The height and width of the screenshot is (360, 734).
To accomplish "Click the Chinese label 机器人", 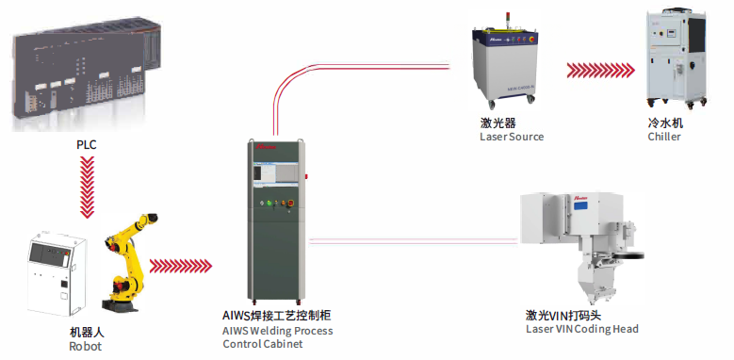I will [x=86, y=333].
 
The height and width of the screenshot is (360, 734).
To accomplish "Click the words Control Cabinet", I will [x=263, y=344].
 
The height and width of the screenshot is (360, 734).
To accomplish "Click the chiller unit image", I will [x=671, y=59].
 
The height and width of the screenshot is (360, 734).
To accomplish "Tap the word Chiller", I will [x=663, y=138].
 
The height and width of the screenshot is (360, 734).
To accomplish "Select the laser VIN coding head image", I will [x=582, y=247].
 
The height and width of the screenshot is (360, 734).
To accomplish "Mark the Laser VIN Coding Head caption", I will [x=582, y=329].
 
